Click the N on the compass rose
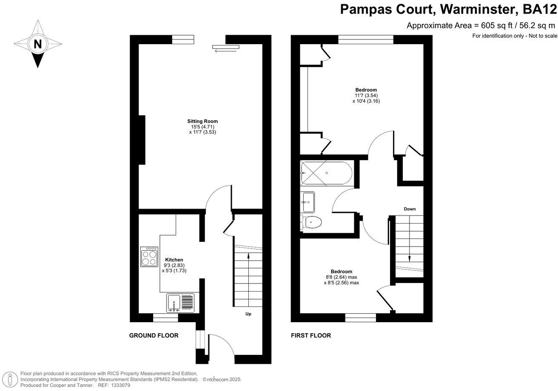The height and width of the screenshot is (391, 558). coord(38,44)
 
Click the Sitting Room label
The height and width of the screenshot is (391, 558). coord(203,122)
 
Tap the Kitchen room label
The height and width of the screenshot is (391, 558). coord(174,260)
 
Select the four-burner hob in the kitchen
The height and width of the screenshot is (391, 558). coord(149,257)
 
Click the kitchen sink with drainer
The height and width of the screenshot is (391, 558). coord(180,303)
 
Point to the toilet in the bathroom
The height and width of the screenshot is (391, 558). coord(312,222)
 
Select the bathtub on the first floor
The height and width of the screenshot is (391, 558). coord(325,173)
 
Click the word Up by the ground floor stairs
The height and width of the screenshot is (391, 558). coord(248,314)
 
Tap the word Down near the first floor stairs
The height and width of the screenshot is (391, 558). coord(410,209)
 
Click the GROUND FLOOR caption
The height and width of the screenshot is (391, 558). coord(154,335)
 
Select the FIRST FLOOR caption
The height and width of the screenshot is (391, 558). coord(310,335)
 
